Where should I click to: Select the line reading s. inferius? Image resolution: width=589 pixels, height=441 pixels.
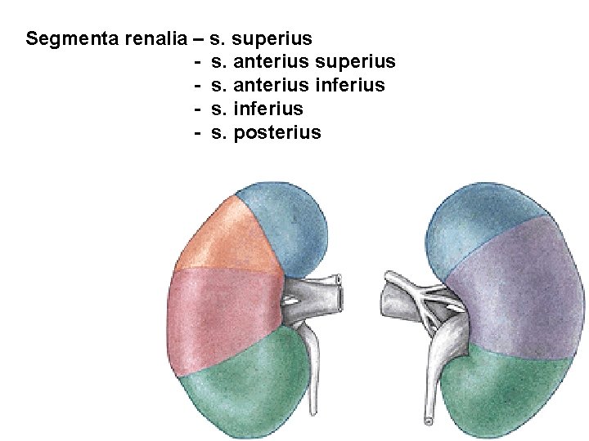click(x=257, y=109)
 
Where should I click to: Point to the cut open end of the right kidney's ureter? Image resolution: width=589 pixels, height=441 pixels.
click(x=427, y=421)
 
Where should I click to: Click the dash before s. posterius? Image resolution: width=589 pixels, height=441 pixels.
click(x=198, y=132)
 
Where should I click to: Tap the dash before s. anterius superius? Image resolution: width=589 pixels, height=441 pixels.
click(x=198, y=61)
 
